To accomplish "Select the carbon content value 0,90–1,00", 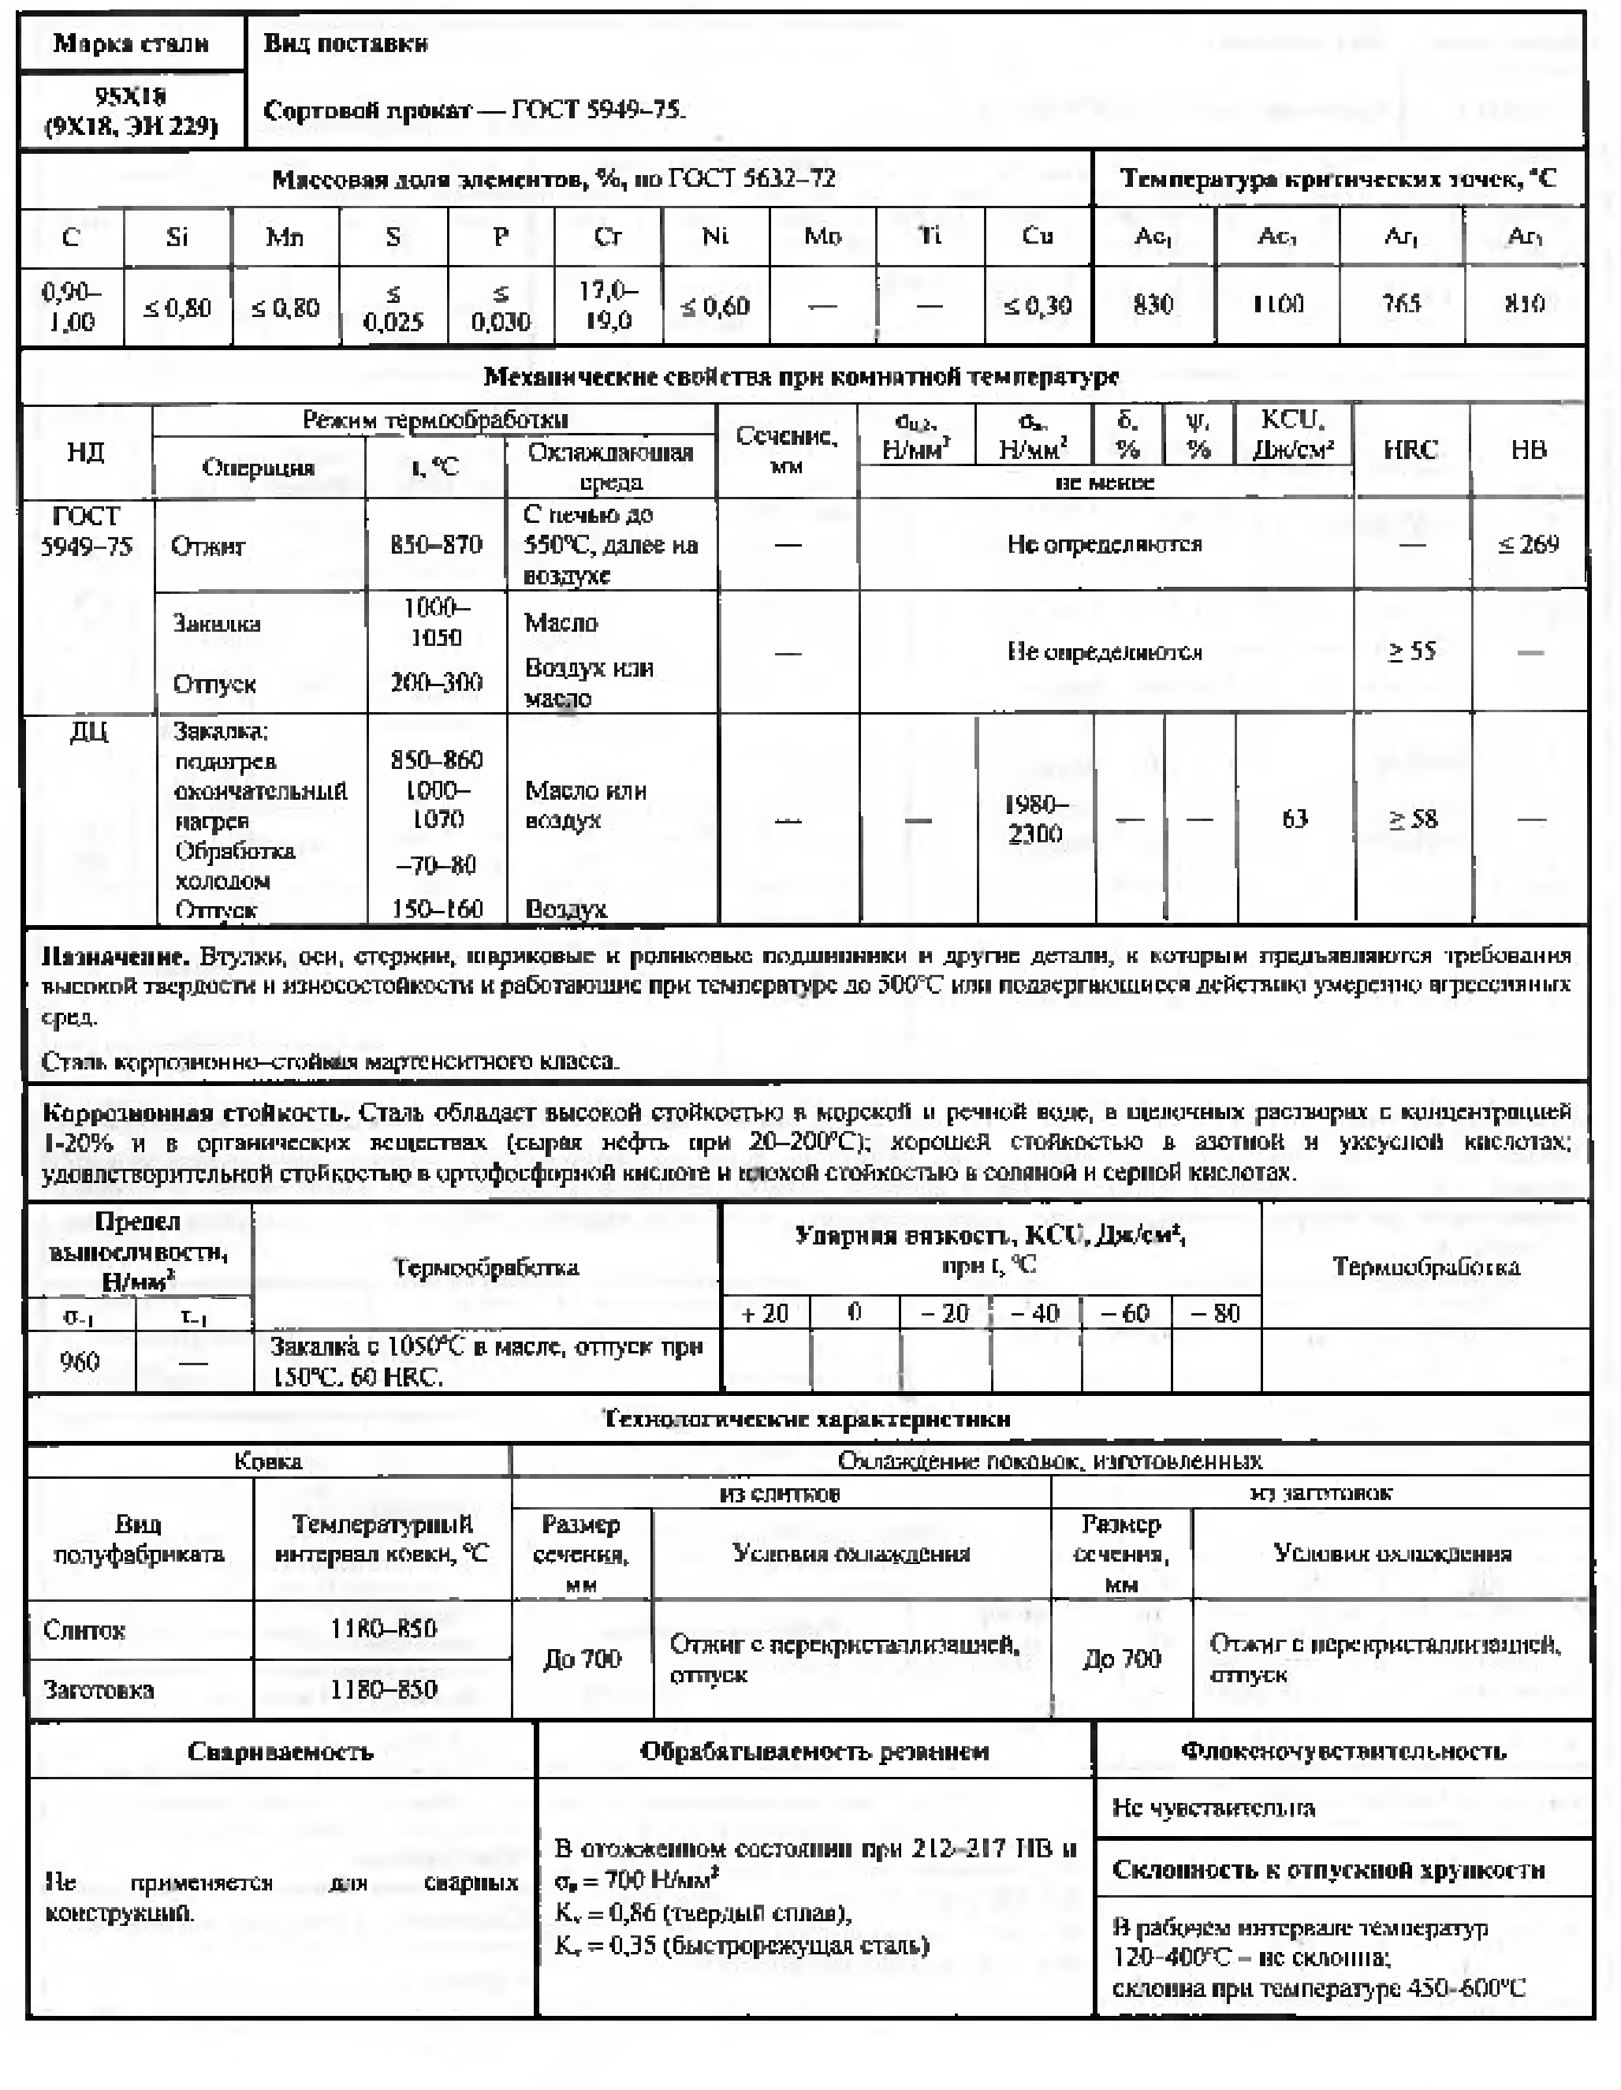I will pos(72,306).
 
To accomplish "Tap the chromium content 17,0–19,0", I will pos(608,305).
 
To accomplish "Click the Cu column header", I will pos(1038,237).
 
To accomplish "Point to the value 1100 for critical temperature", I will pos(1277,304).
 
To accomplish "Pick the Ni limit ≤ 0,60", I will pos(715,306).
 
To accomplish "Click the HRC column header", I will pos(1410,450).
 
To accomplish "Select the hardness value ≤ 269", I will pos(1528,544).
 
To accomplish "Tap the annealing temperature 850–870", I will pos(435,544).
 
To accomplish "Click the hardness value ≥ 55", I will pos(1411,651).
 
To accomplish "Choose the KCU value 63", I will pos(1294,819).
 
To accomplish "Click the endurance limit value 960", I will pos(80,1360).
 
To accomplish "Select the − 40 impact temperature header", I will pos(1035,1313).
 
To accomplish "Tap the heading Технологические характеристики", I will pos(806,1418).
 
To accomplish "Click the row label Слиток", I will pos(84,1629).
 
